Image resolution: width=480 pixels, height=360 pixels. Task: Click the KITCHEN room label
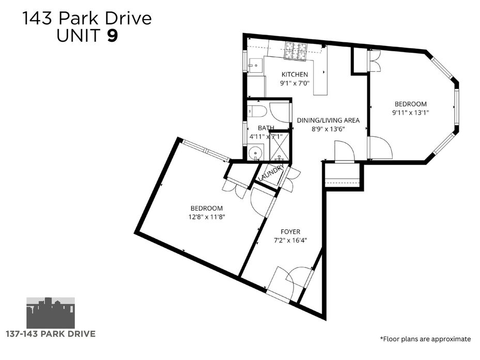pos(295,74)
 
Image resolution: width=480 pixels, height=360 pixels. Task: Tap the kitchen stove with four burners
pos(296,50)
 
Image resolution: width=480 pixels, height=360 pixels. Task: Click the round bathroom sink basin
pos(254,152)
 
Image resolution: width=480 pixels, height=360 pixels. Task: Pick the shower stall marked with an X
pos(279,146)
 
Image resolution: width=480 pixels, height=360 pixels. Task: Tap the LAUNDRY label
pos(271,173)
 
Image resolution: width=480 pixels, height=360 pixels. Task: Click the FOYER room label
pos(290,232)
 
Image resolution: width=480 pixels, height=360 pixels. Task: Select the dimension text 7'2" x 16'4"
pos(290,240)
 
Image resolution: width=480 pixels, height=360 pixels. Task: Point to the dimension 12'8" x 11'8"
pos(207,217)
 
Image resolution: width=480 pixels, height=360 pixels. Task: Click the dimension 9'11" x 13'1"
pos(411,113)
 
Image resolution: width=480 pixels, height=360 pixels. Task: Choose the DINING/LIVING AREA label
pos(328,120)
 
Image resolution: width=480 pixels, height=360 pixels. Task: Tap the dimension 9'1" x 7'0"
pos(295,83)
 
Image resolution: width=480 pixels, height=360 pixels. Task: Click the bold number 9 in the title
pos(112,35)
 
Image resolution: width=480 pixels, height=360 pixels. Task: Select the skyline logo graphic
pos(51,312)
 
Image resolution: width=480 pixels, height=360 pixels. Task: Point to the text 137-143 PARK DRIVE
pos(51,334)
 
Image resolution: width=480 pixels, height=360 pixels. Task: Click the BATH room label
pos(266,128)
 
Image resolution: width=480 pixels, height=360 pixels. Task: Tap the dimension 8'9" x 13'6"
pos(328,129)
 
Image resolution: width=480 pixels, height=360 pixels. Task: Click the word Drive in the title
pos(129,19)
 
